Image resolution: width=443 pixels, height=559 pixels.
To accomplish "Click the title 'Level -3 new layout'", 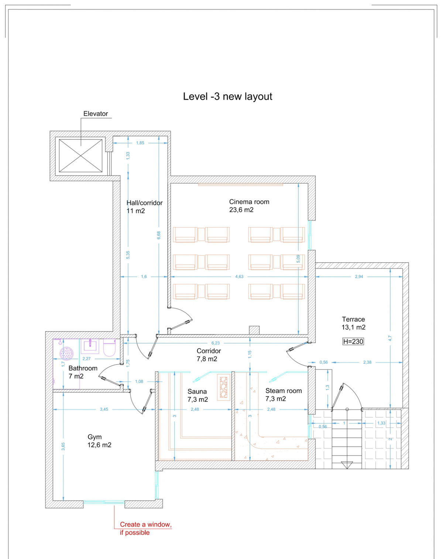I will point(227,96).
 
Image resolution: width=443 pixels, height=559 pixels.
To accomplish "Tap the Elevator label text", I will point(96,114).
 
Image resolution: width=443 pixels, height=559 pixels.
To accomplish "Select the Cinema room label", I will point(249,206).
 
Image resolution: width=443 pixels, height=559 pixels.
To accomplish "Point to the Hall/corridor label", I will point(144,207).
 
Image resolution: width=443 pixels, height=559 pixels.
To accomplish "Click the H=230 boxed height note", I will point(353,342).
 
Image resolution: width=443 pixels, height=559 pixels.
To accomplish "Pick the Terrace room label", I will point(353,323).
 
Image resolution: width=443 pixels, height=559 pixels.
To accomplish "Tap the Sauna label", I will point(198,395).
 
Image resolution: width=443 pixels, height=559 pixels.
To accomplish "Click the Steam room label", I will point(283,394).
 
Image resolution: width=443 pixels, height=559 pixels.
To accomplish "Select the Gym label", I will point(99,441).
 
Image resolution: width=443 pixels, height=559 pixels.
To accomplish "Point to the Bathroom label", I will point(83,372).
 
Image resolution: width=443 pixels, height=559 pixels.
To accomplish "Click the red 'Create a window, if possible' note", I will point(145,528).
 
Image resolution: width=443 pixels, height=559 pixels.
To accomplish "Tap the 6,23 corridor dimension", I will point(215,343).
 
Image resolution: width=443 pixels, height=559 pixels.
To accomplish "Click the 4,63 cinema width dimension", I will point(239,277).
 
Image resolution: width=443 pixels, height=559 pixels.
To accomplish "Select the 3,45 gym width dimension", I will point(104,409).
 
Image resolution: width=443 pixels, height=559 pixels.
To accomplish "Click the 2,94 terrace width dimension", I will point(359,277).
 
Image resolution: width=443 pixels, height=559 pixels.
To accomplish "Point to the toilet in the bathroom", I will point(110,348).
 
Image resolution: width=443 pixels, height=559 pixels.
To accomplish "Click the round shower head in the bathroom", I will point(66,353).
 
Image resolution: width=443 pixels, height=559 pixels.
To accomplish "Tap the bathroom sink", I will point(90,346).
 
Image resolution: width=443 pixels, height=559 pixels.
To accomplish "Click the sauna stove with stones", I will point(223,387).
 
